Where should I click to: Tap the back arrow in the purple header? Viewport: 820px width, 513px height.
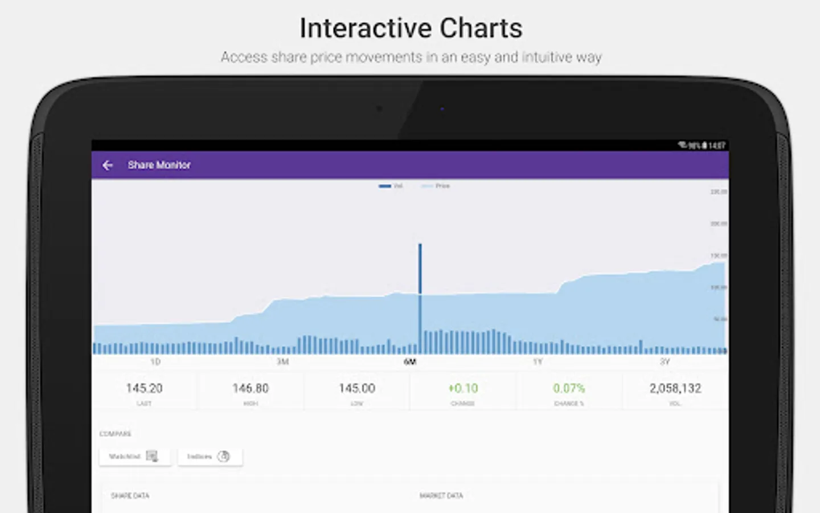pos(108,165)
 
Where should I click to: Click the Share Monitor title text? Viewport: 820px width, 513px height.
pos(159,165)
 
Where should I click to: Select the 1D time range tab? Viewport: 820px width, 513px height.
pos(155,362)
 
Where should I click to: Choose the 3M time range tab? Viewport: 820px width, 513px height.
pos(282,362)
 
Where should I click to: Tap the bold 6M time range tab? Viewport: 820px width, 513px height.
pos(410,362)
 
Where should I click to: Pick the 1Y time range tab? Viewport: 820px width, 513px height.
pos(538,362)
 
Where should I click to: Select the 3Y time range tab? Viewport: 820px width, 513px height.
pos(665,362)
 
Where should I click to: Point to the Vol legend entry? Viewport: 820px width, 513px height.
pos(391,186)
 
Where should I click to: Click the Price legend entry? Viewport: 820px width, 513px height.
pos(436,186)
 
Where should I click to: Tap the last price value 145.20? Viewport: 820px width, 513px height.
pos(144,389)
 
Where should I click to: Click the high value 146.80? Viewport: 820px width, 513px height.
pos(251,389)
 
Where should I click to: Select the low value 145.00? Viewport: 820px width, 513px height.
pos(357,389)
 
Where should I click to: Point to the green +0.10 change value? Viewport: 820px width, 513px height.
pos(463,389)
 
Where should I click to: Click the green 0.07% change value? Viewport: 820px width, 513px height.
pos(569,389)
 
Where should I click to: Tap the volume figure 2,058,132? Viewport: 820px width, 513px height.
pos(675,389)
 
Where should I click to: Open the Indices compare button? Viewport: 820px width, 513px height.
pos(210,457)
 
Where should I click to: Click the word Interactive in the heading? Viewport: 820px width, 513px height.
pos(365,28)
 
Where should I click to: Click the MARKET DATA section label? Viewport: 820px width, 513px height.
pos(441,496)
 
